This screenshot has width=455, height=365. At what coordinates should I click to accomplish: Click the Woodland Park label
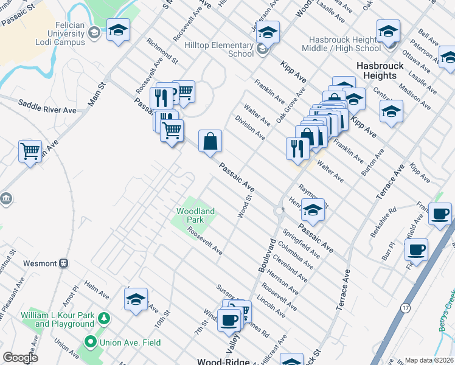(195, 215)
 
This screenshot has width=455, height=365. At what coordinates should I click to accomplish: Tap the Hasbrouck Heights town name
(376, 71)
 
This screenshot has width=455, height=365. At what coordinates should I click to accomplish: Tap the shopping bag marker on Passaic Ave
(210, 141)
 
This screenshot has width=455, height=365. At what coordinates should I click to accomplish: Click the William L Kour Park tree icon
(105, 318)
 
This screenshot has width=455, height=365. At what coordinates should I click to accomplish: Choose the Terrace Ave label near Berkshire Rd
(390, 182)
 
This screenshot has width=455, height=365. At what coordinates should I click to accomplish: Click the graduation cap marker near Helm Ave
(136, 300)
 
